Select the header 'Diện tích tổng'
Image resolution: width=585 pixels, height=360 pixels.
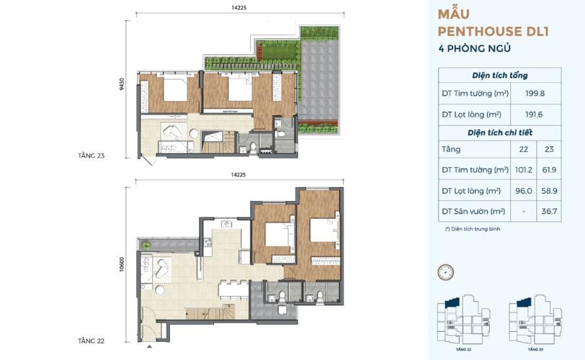pos(500,76)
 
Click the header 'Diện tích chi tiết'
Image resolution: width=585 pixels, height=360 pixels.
pos(500,132)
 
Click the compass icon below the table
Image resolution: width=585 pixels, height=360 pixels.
pos(447,271)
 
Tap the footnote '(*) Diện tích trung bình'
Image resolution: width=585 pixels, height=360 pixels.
pos(472,229)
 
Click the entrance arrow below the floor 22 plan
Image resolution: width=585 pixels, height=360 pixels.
pos(148,347)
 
